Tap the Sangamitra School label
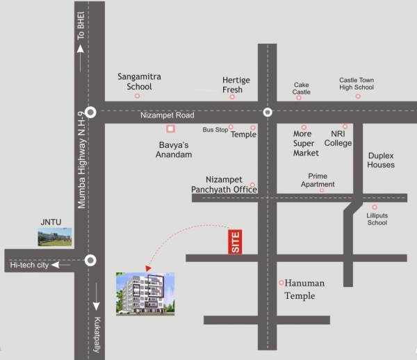pos(135,82)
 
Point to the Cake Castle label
pos(302,88)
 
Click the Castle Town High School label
pos(357,83)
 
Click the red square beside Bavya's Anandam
pos(170,129)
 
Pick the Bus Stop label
pos(215,130)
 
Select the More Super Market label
pos(306,143)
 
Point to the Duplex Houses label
pos(381,161)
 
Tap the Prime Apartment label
pos(318,181)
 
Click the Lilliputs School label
pos(377,220)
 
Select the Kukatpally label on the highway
pos(97,335)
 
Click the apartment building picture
pos(145,295)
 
